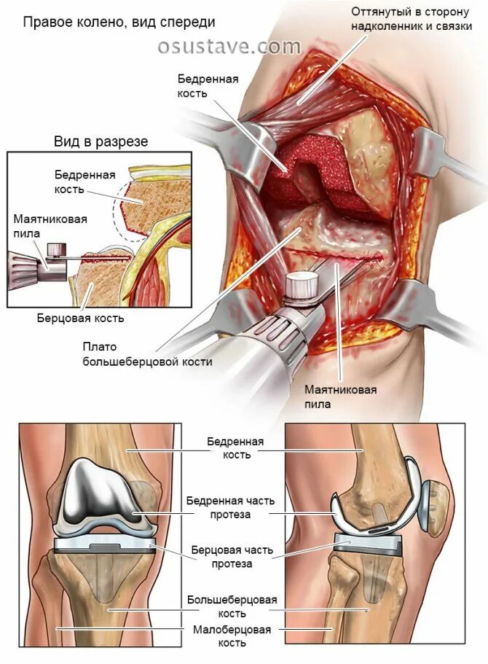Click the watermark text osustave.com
pyautogui.click(x=229, y=47)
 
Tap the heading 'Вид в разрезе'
pyautogui.click(x=101, y=141)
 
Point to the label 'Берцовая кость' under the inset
pyautogui.click(x=81, y=318)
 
